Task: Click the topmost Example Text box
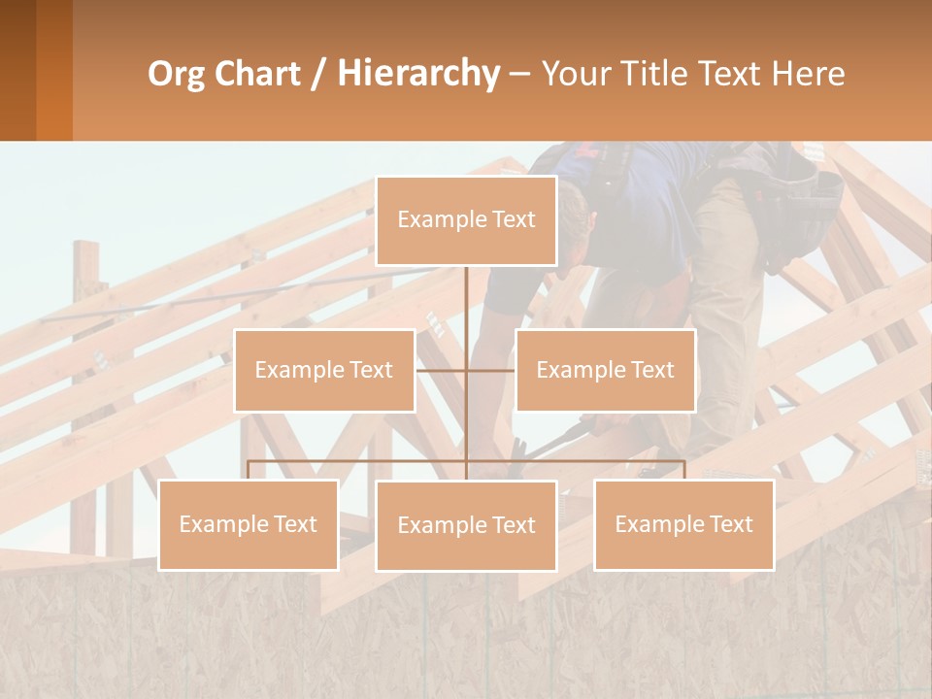click(x=466, y=220)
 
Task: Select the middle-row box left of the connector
click(x=324, y=370)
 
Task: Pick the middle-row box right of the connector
click(x=605, y=370)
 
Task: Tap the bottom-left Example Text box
click(x=248, y=524)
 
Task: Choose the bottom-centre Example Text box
click(x=466, y=525)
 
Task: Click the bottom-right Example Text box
click(x=683, y=524)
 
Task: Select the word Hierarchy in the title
click(x=418, y=75)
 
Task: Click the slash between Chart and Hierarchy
click(x=318, y=75)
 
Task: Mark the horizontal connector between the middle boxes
click(x=466, y=370)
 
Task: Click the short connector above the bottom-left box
click(x=248, y=470)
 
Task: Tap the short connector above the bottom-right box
click(x=684, y=470)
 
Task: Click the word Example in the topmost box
click(x=432, y=220)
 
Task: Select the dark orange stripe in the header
click(x=54, y=70)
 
